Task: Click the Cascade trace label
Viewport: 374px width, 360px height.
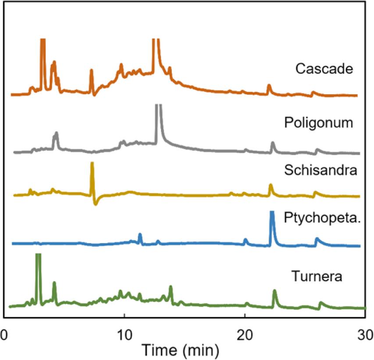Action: tap(324, 69)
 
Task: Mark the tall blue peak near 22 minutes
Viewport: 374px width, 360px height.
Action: tap(272, 215)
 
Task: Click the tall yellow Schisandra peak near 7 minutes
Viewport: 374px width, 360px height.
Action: tap(92, 166)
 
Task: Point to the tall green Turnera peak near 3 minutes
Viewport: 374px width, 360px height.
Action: tap(38, 256)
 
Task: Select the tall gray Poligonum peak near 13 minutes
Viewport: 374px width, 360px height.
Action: tap(158, 107)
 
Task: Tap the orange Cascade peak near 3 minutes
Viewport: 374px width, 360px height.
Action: tap(43, 42)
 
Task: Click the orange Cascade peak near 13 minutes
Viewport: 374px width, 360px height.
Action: tap(155, 42)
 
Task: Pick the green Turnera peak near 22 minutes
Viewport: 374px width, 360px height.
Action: tap(274, 292)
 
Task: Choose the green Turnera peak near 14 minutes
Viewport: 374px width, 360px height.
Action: tap(171, 288)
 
